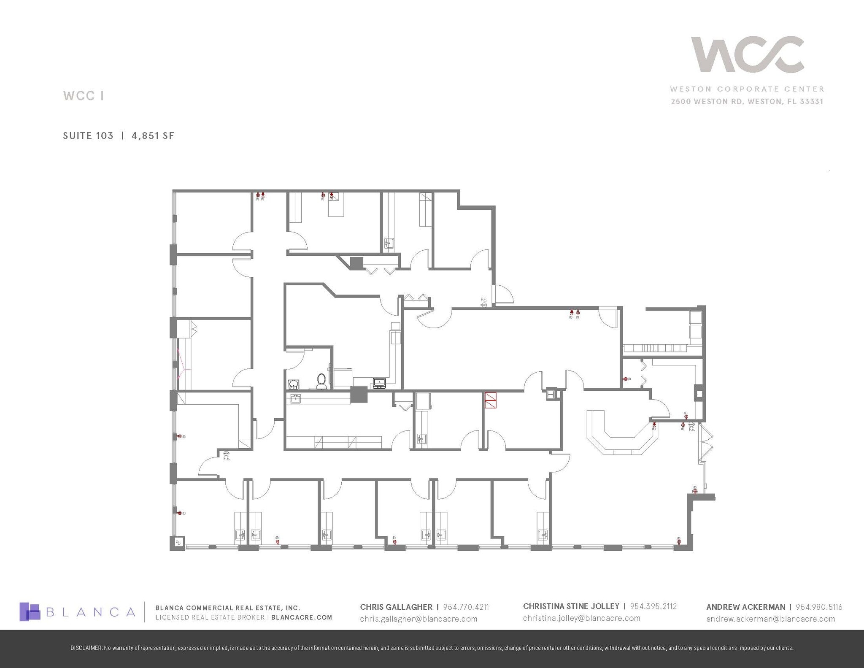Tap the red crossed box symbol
pos(490,400)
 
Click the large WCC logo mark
pos(747,54)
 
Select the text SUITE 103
pos(88,135)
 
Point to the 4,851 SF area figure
pos(153,135)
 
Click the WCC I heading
pos(84,96)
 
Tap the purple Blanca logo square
pos(30,611)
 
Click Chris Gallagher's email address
pos(418,619)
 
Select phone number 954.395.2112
pos(653,606)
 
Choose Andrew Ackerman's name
pos(745,607)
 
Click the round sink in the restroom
pos(293,384)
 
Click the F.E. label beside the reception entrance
pos(691,429)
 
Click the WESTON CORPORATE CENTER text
pos(747,89)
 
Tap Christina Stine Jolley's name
pos(571,606)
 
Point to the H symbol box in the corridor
pos(551,394)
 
